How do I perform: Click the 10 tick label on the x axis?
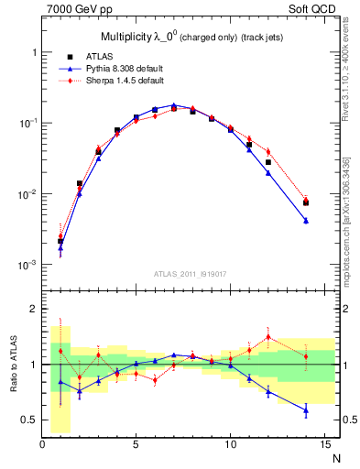[230, 445]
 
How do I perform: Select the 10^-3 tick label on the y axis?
[27, 265]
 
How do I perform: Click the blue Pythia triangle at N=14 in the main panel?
[305, 221]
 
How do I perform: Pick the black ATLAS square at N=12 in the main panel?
[267, 162]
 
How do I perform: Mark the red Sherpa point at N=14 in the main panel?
[305, 199]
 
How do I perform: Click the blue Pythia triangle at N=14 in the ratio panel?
[305, 410]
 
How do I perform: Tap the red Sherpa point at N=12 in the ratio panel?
[267, 336]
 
